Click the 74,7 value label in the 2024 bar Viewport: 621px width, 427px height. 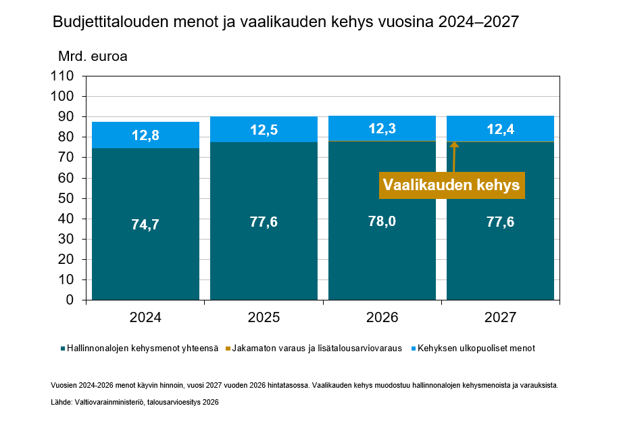pyautogui.click(x=145, y=225)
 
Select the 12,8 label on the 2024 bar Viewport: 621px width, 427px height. pyautogui.click(x=145, y=135)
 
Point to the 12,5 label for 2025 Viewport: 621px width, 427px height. pyautogui.click(x=264, y=130)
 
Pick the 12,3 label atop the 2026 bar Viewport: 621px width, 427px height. pyautogui.click(x=382, y=129)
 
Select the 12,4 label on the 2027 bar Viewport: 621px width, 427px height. pyautogui.click(x=500, y=129)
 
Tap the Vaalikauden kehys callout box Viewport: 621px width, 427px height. pyautogui.click(x=452, y=185)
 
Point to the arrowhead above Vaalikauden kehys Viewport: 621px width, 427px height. pyautogui.click(x=454, y=145)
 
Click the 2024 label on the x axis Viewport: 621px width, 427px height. pyautogui.click(x=145, y=317)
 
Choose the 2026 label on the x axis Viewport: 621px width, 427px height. pyautogui.click(x=382, y=317)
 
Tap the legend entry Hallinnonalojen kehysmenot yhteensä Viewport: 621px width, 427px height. pyautogui.click(x=143, y=349)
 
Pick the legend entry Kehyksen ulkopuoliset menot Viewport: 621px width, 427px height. pyautogui.click(x=476, y=349)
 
